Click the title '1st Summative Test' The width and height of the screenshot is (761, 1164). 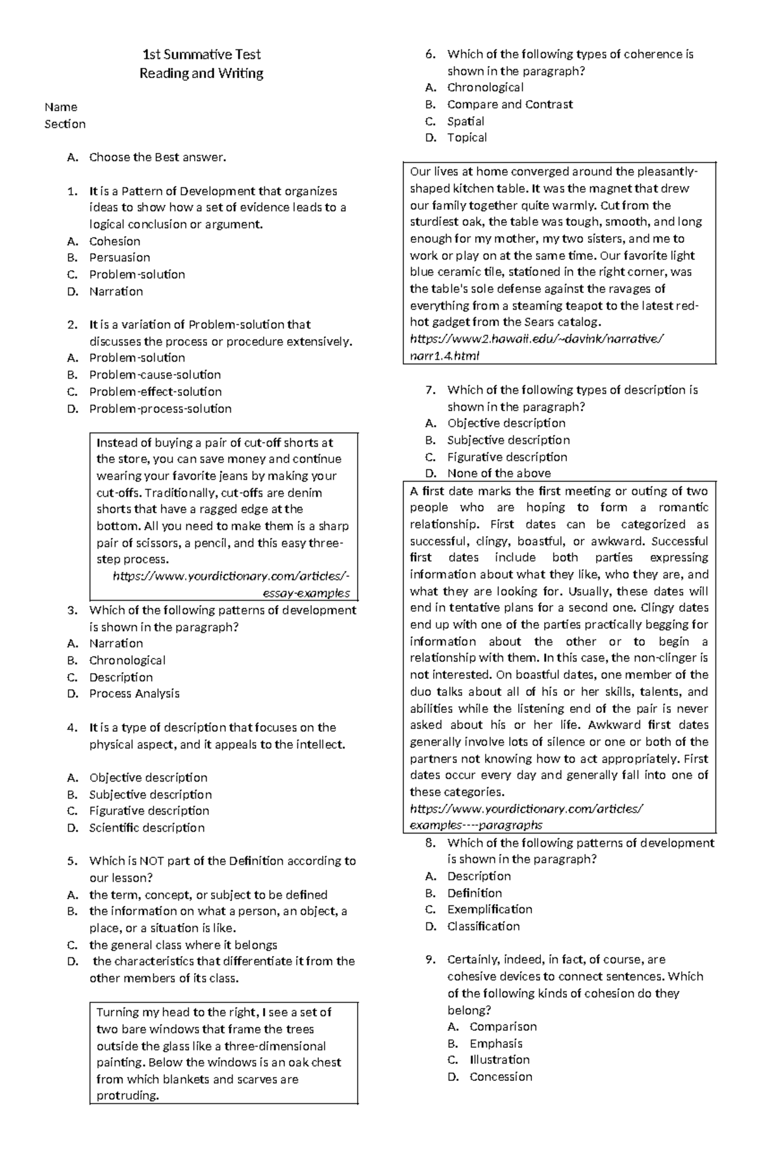[x=201, y=55]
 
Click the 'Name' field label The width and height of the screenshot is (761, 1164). [x=61, y=107]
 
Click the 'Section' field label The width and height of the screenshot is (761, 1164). [x=65, y=124]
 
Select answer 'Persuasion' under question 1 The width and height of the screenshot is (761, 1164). [x=119, y=258]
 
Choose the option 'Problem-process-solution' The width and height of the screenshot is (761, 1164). [x=160, y=409]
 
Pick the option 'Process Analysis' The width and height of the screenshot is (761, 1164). [x=134, y=693]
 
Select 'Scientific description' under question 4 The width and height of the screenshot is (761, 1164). [x=146, y=827]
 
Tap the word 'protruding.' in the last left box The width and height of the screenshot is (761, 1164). [x=127, y=1095]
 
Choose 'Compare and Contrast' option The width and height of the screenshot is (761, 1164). [x=509, y=104]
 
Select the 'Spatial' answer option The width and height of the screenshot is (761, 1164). [x=465, y=121]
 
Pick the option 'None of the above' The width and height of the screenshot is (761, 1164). [x=498, y=473]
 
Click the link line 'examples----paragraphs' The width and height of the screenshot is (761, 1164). [x=476, y=825]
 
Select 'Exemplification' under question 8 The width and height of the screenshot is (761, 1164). [x=489, y=909]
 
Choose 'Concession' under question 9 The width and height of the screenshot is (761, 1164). [x=500, y=1076]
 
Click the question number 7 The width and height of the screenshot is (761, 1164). [x=431, y=390]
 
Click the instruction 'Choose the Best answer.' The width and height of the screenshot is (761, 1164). [x=157, y=157]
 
